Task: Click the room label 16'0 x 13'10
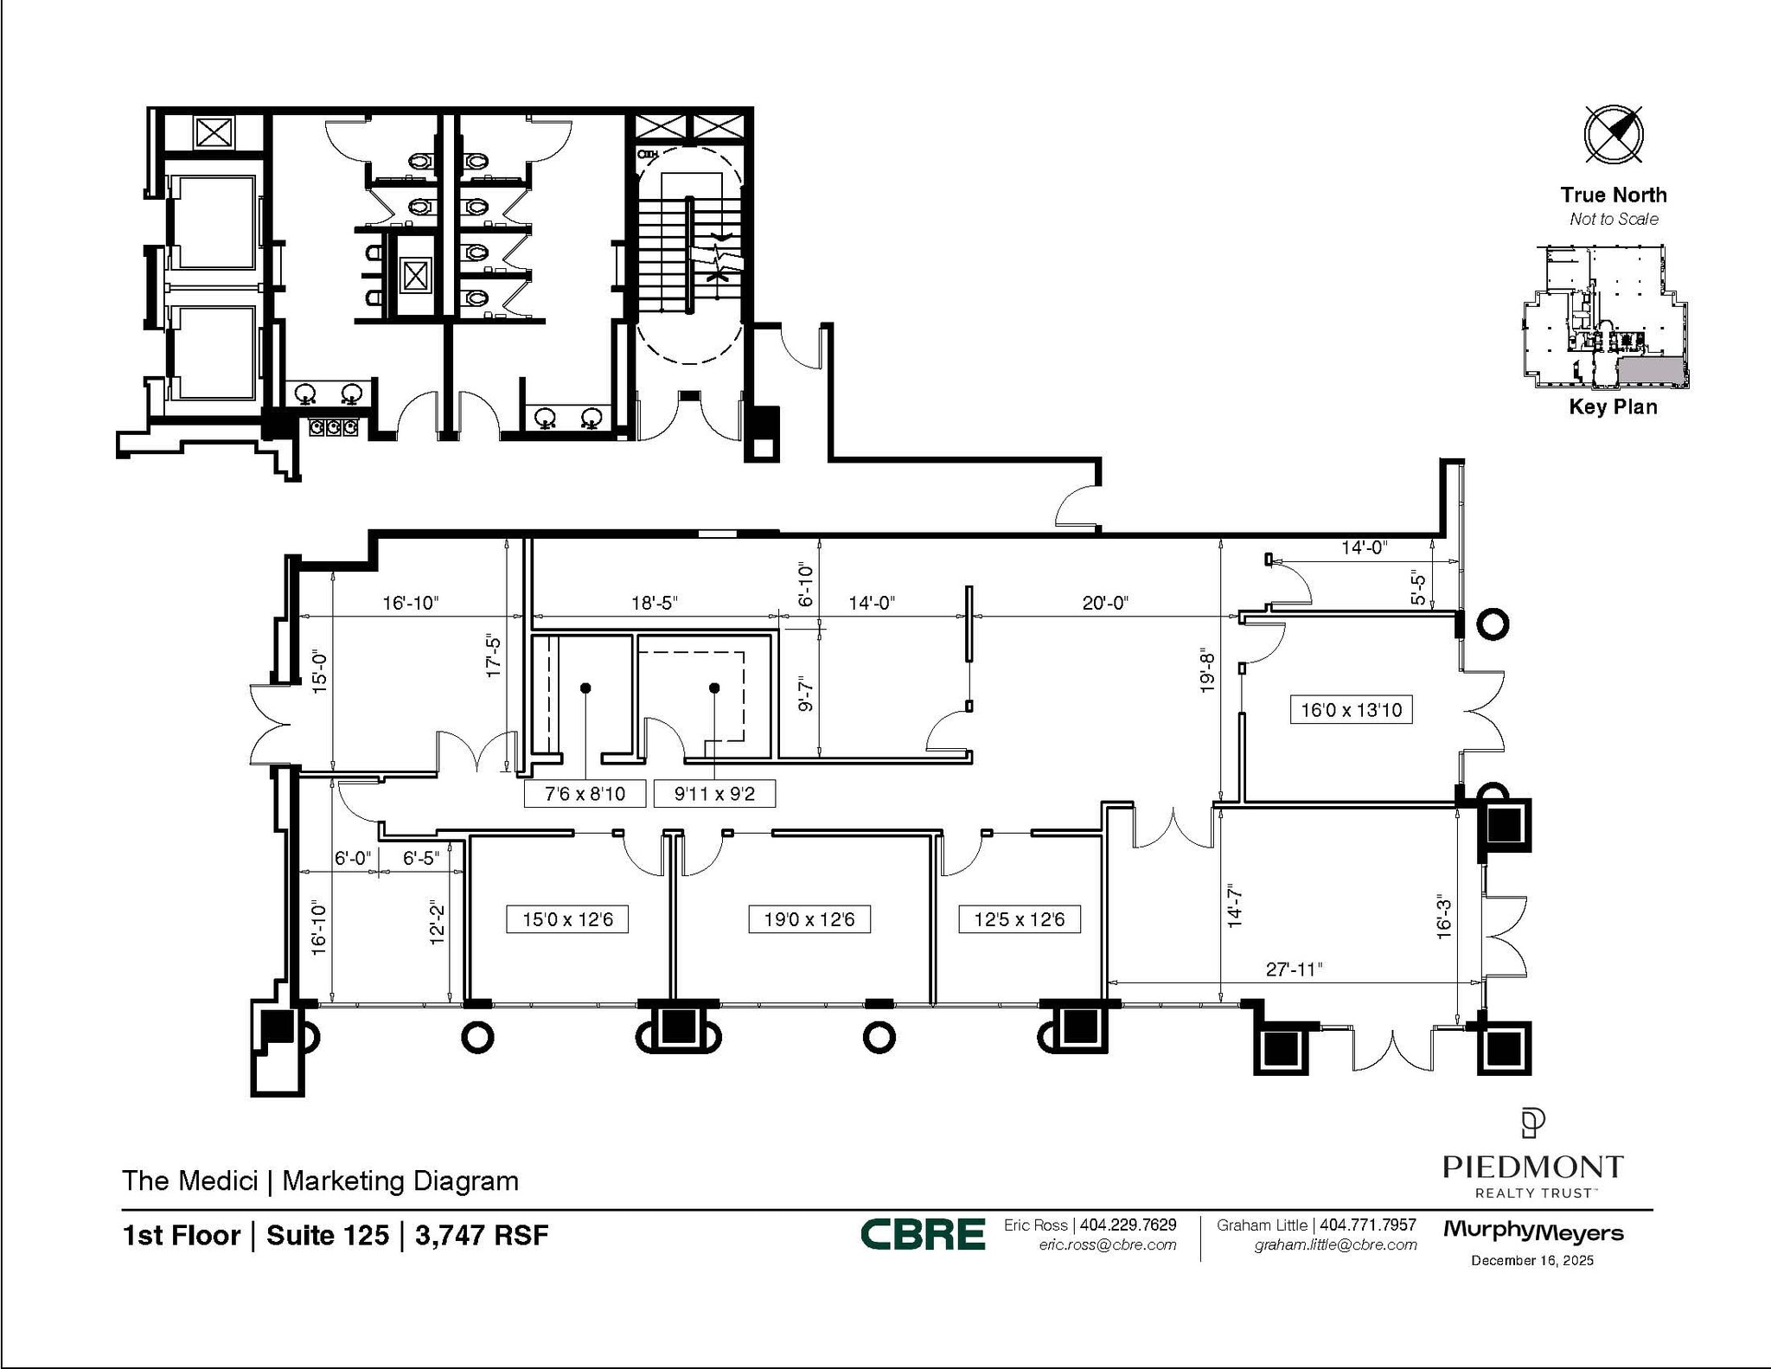coord(1351,710)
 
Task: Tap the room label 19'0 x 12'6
coord(809,919)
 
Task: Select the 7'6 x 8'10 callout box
coord(585,793)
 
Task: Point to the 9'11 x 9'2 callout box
coord(714,793)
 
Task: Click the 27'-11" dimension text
coord(1295,969)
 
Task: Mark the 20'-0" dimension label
coord(1105,603)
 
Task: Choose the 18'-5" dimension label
coord(654,603)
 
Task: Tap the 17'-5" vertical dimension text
coord(495,654)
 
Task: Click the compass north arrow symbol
coord(1614,134)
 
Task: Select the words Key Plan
coord(1613,406)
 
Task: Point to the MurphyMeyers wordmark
coord(1533,1231)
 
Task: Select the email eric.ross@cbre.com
coord(1108,1244)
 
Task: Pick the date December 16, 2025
coord(1532,1260)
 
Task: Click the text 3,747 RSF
coord(482,1235)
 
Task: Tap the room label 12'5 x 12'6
coord(1020,919)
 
